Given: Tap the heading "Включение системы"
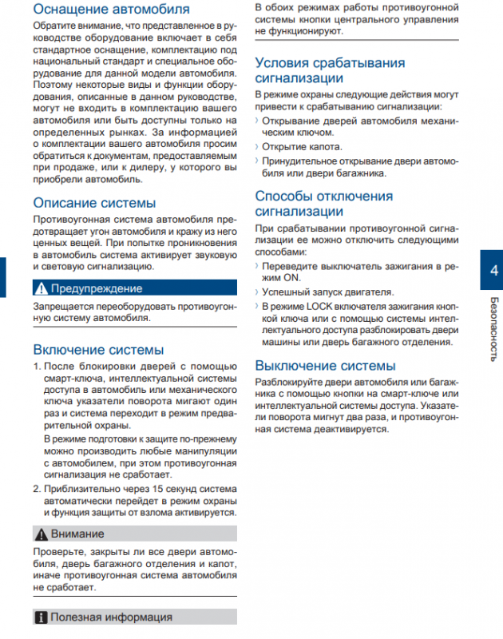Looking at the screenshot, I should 98,349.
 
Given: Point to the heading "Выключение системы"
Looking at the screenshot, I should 325,365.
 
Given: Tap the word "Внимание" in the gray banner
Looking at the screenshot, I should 77,533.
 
